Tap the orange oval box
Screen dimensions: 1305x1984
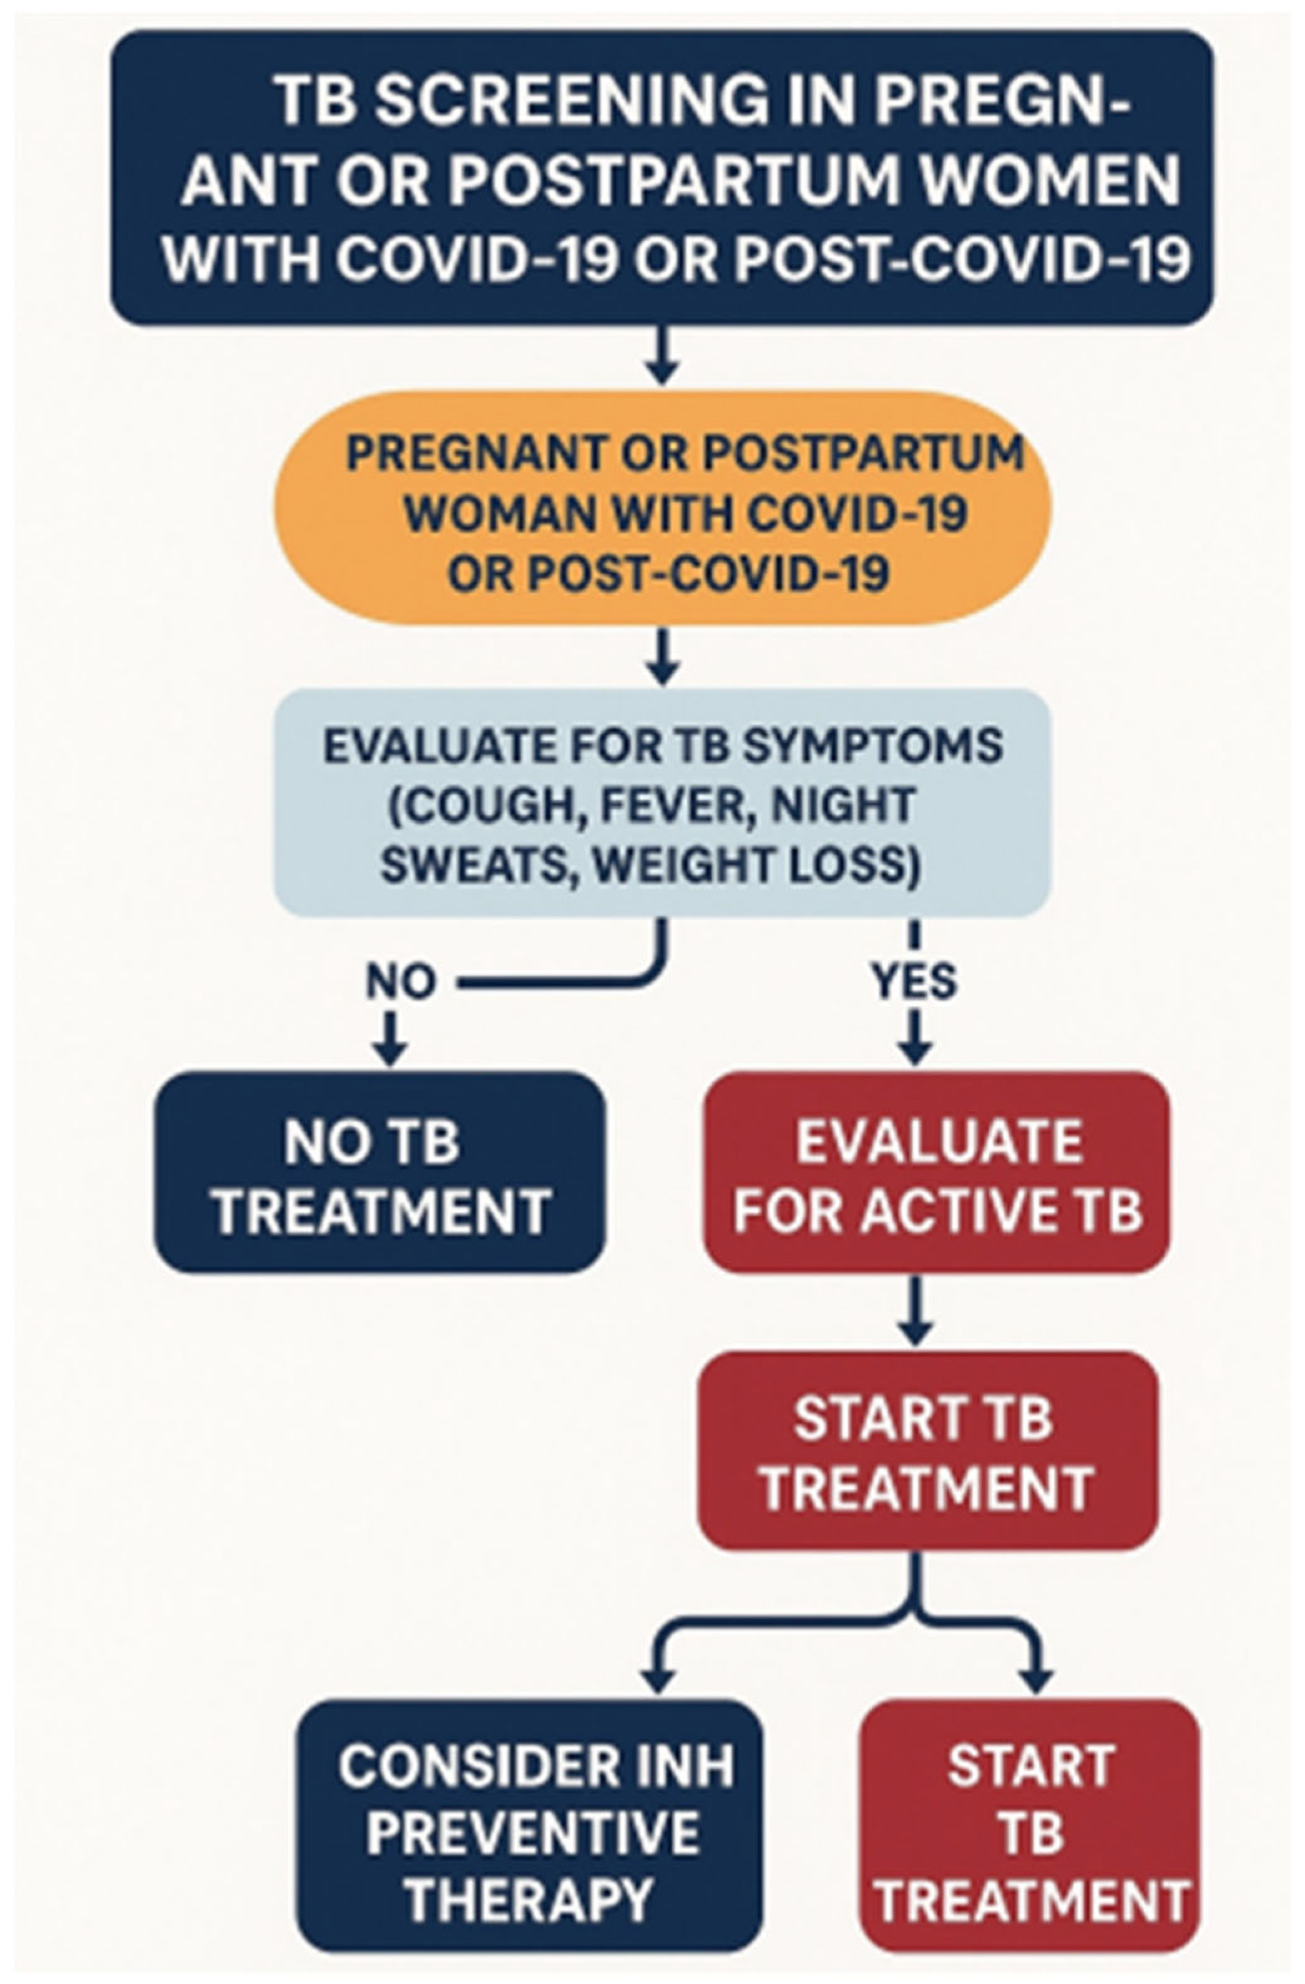(663, 509)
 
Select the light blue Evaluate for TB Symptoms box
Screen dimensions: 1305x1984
(663, 803)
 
